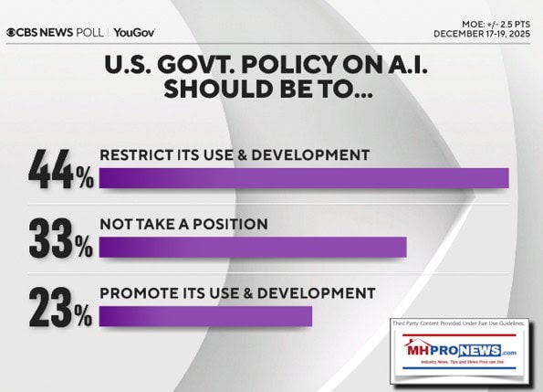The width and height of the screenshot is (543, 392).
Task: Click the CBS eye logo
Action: click(10, 32)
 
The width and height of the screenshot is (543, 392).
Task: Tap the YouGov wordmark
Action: click(134, 32)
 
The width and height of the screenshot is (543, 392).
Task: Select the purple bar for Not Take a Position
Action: click(252, 247)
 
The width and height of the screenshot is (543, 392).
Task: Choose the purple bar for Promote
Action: click(205, 315)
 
